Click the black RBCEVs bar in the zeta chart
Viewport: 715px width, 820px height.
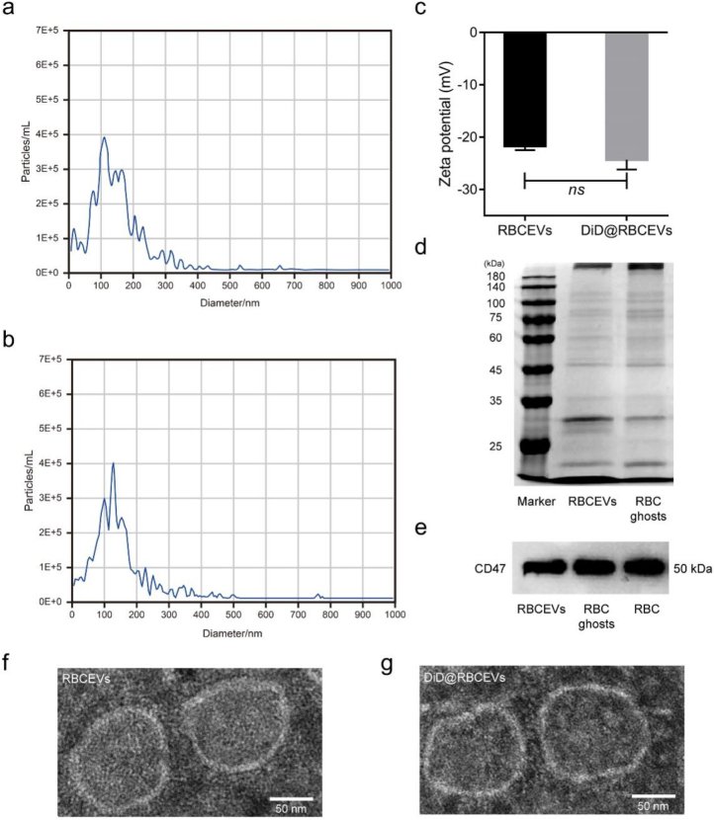click(x=524, y=89)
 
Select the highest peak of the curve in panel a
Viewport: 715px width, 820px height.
click(x=104, y=137)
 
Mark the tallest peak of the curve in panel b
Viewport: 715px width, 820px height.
click(x=114, y=463)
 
